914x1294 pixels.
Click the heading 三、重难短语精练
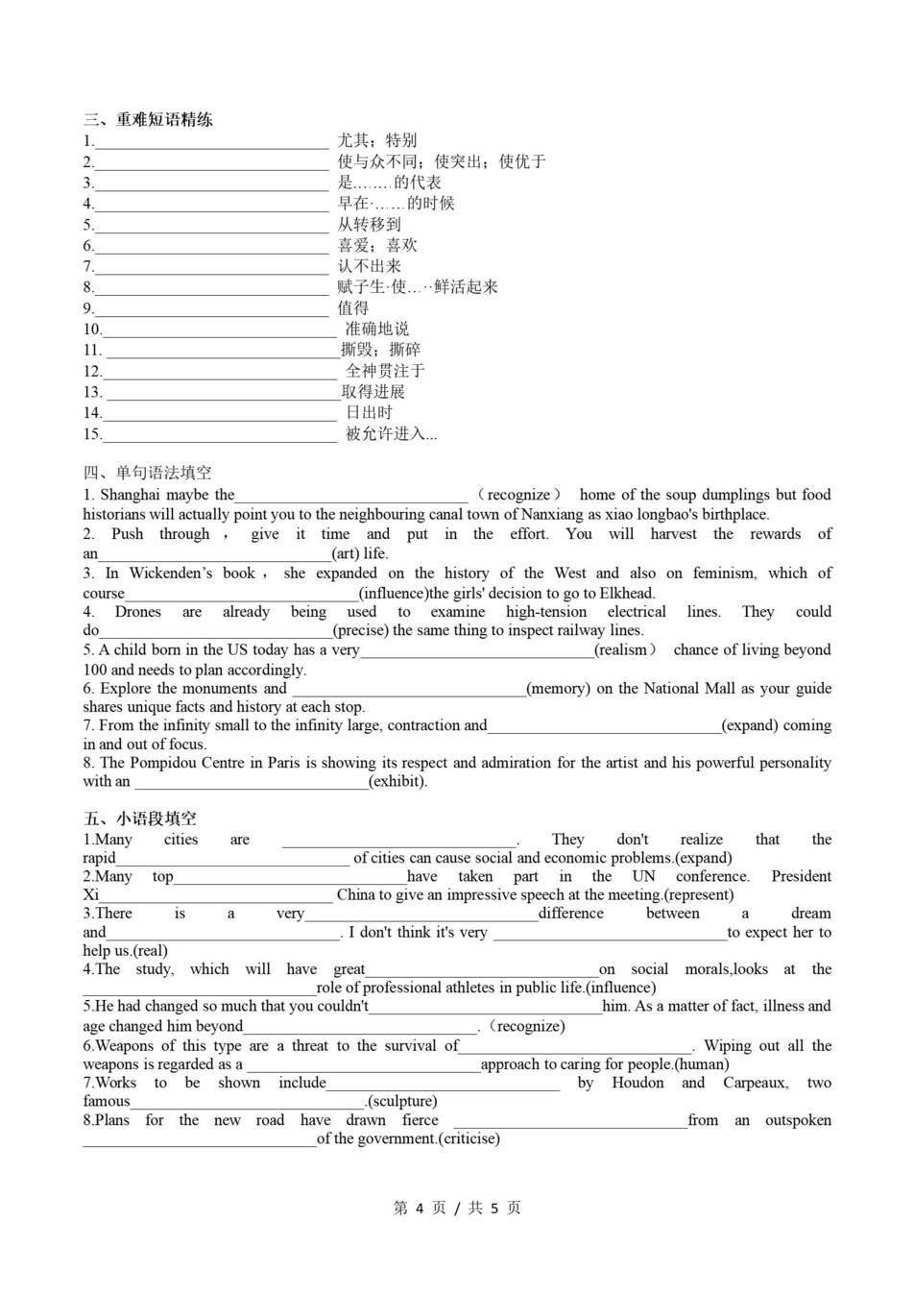click(148, 120)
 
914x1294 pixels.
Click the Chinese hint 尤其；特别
click(376, 140)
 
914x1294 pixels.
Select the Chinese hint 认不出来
click(369, 266)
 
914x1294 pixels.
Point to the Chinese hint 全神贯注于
click(385, 371)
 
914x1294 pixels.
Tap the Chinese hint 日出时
click(369, 413)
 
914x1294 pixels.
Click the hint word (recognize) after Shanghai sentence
click(518, 496)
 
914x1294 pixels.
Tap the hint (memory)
click(559, 688)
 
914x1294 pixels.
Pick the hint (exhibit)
click(397, 781)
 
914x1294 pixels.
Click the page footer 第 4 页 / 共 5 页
click(457, 1208)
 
